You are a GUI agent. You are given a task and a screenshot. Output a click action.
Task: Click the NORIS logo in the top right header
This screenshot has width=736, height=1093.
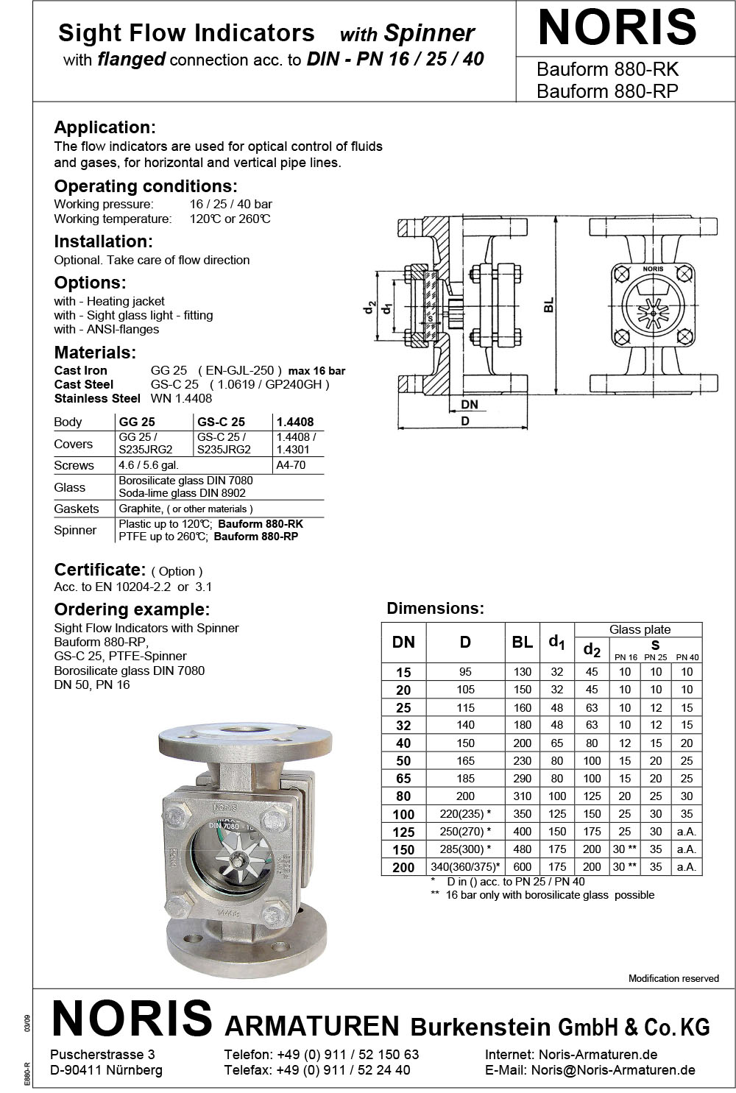(617, 28)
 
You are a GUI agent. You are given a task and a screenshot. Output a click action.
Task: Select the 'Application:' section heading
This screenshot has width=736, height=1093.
(105, 127)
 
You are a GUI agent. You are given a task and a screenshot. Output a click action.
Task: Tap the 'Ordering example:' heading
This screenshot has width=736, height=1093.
(132, 609)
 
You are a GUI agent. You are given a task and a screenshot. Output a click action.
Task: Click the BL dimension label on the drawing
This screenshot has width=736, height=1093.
(548, 305)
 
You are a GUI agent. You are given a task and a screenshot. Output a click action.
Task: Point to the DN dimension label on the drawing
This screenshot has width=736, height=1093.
(469, 404)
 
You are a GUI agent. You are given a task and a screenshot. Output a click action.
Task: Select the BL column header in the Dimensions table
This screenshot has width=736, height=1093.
(522, 642)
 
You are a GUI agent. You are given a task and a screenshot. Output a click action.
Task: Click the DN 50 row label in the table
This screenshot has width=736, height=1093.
(403, 761)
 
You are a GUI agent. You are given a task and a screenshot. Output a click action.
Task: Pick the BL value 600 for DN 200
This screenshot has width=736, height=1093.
(522, 867)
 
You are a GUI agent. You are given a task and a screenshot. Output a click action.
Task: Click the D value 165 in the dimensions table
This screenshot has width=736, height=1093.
(465, 761)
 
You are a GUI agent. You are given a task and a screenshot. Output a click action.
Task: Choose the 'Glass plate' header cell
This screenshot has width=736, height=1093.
(640, 629)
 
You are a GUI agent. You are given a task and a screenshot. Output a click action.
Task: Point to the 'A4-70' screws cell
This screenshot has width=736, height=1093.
(290, 465)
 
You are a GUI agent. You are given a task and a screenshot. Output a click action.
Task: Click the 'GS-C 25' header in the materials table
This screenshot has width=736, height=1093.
(222, 422)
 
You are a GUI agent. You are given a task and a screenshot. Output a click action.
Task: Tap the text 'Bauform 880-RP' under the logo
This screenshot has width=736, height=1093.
(607, 91)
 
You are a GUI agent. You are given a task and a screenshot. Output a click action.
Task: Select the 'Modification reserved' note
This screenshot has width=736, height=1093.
(673, 978)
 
